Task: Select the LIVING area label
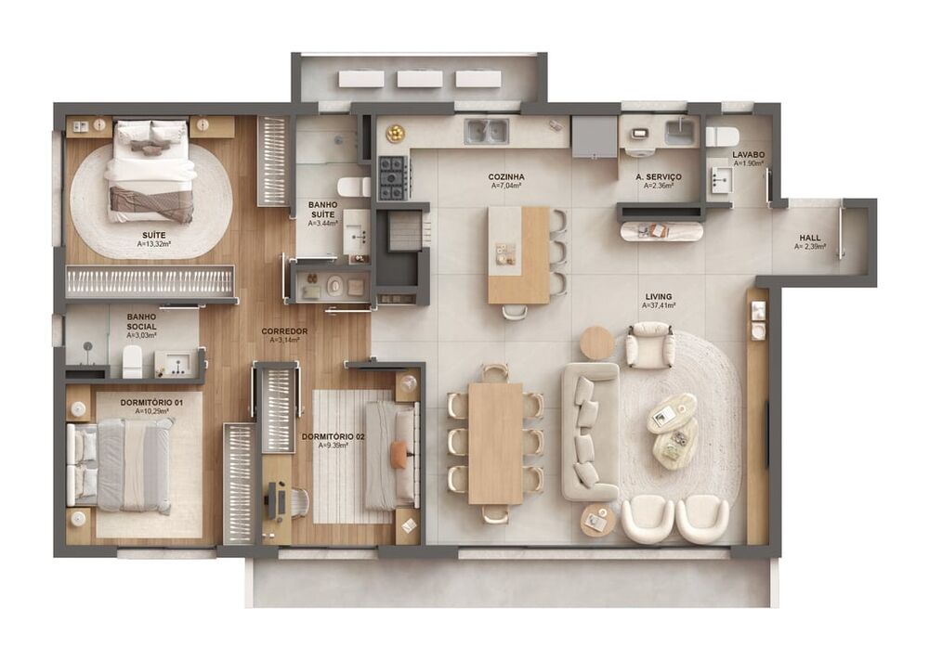coord(658,297)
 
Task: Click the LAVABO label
coord(748,154)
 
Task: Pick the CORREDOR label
coord(284,331)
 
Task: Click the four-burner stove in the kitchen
coord(392,176)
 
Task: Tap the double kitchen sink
coord(487,131)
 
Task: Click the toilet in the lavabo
coord(721,136)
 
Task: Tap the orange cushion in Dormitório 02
coord(399,454)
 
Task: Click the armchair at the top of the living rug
coord(649,344)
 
